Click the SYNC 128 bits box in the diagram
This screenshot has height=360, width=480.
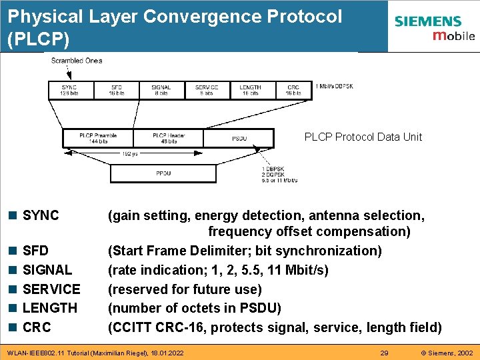click(x=69, y=90)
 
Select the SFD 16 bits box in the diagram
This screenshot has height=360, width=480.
click(x=117, y=90)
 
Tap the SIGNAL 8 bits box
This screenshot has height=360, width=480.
click(x=161, y=90)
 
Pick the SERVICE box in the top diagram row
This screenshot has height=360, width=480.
click(x=207, y=90)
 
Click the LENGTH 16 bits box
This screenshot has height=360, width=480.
click(x=250, y=90)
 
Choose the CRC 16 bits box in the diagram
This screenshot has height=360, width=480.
click(x=293, y=90)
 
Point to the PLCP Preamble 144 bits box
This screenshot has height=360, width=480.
click(x=97, y=138)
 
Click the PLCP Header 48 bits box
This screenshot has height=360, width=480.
click(x=169, y=138)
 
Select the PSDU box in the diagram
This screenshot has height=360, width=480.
click(x=239, y=139)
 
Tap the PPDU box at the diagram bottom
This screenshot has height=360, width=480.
click(x=163, y=173)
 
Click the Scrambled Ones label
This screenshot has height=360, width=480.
click(x=77, y=61)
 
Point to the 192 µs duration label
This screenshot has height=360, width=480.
click(x=130, y=154)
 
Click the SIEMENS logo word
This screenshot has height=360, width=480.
click(x=427, y=21)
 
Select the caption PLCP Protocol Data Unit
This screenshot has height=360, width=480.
click(x=363, y=137)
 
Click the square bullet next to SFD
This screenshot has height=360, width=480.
click(x=13, y=251)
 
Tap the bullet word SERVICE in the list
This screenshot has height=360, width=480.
click(x=51, y=289)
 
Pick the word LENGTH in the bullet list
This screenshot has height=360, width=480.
click(x=50, y=308)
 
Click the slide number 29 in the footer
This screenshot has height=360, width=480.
click(x=384, y=352)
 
